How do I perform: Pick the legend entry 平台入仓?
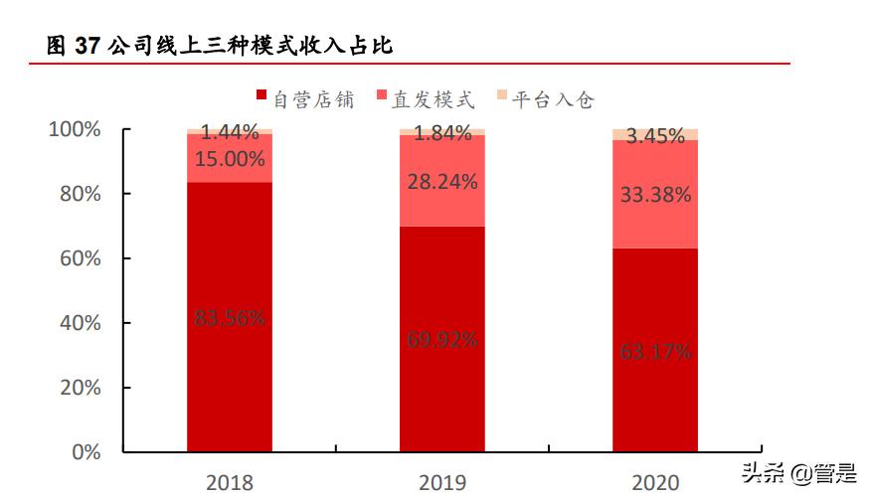tap(544, 98)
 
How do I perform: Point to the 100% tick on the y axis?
tap(75, 129)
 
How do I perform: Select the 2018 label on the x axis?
tap(230, 483)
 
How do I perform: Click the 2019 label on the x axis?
tap(442, 483)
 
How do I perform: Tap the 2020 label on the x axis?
tap(655, 483)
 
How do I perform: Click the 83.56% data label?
tap(230, 318)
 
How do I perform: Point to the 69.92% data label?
tap(442, 339)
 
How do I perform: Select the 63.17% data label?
tap(655, 351)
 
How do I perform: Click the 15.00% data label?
tap(230, 158)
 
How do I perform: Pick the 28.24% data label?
tap(442, 182)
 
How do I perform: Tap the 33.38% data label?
tap(655, 195)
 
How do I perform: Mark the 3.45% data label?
tap(655, 136)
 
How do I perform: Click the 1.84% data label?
tap(442, 133)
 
